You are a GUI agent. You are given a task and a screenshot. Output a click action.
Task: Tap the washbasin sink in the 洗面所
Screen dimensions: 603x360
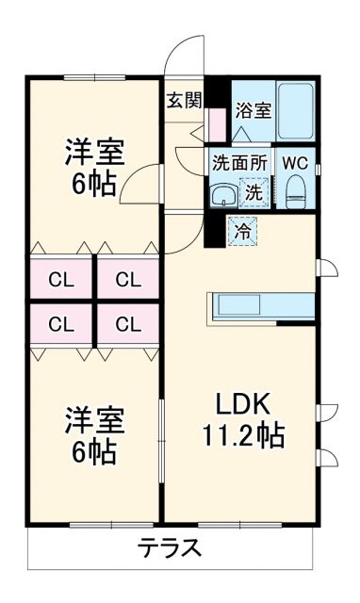[222, 193]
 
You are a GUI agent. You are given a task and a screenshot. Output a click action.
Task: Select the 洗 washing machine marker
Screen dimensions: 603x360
[254, 191]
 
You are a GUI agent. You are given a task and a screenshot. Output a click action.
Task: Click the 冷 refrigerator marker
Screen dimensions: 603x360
[242, 229]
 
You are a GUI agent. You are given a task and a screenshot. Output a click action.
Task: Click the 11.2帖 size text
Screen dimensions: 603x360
[245, 436]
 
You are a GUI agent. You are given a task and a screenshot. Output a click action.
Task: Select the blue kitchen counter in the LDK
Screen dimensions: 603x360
[260, 306]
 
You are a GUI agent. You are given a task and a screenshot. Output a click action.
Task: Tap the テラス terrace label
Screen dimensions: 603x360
[170, 547]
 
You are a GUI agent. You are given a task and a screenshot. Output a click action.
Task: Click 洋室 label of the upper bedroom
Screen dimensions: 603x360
[94, 151]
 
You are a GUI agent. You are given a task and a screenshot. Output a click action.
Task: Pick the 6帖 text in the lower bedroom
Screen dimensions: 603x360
[93, 452]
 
